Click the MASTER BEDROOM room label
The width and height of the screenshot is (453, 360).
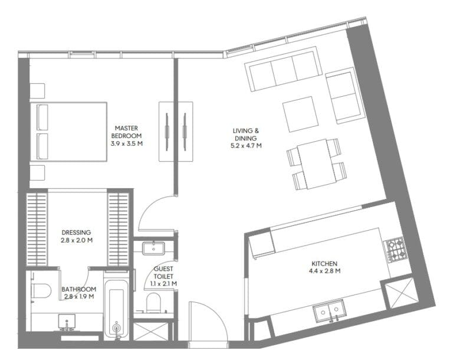[127, 131]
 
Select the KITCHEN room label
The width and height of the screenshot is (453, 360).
[326, 264]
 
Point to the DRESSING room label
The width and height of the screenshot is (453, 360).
[76, 233]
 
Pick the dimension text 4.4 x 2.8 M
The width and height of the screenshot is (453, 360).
[326, 271]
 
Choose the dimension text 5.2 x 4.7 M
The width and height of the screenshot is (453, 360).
[246, 145]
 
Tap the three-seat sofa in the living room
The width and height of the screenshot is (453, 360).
[282, 71]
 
